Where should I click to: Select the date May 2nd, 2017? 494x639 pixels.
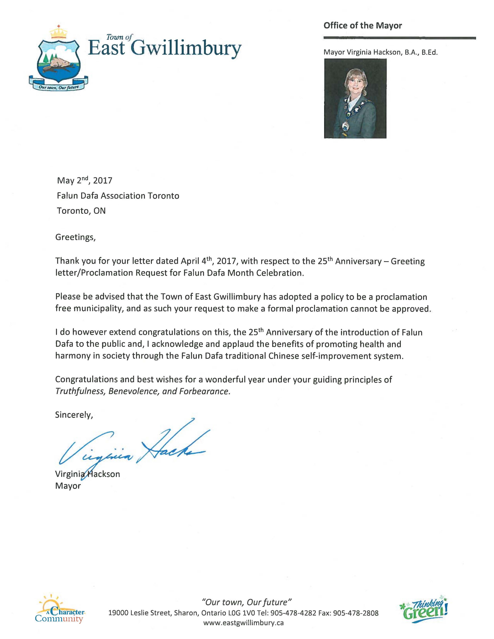coord(85,180)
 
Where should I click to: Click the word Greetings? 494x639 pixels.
coord(75,237)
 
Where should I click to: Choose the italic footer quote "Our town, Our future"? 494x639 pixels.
coord(247,602)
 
